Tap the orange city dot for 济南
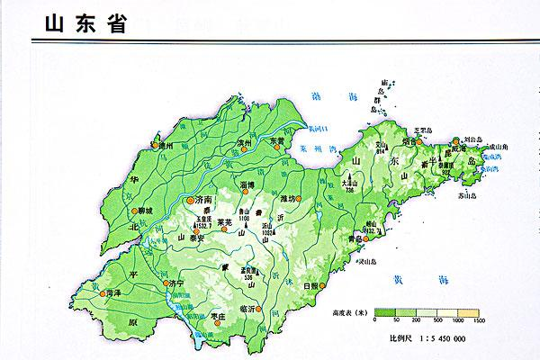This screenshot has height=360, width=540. tap(190, 199)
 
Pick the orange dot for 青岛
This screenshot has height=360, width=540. tap(368, 240)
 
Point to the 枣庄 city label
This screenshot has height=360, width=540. tap(215, 316)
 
